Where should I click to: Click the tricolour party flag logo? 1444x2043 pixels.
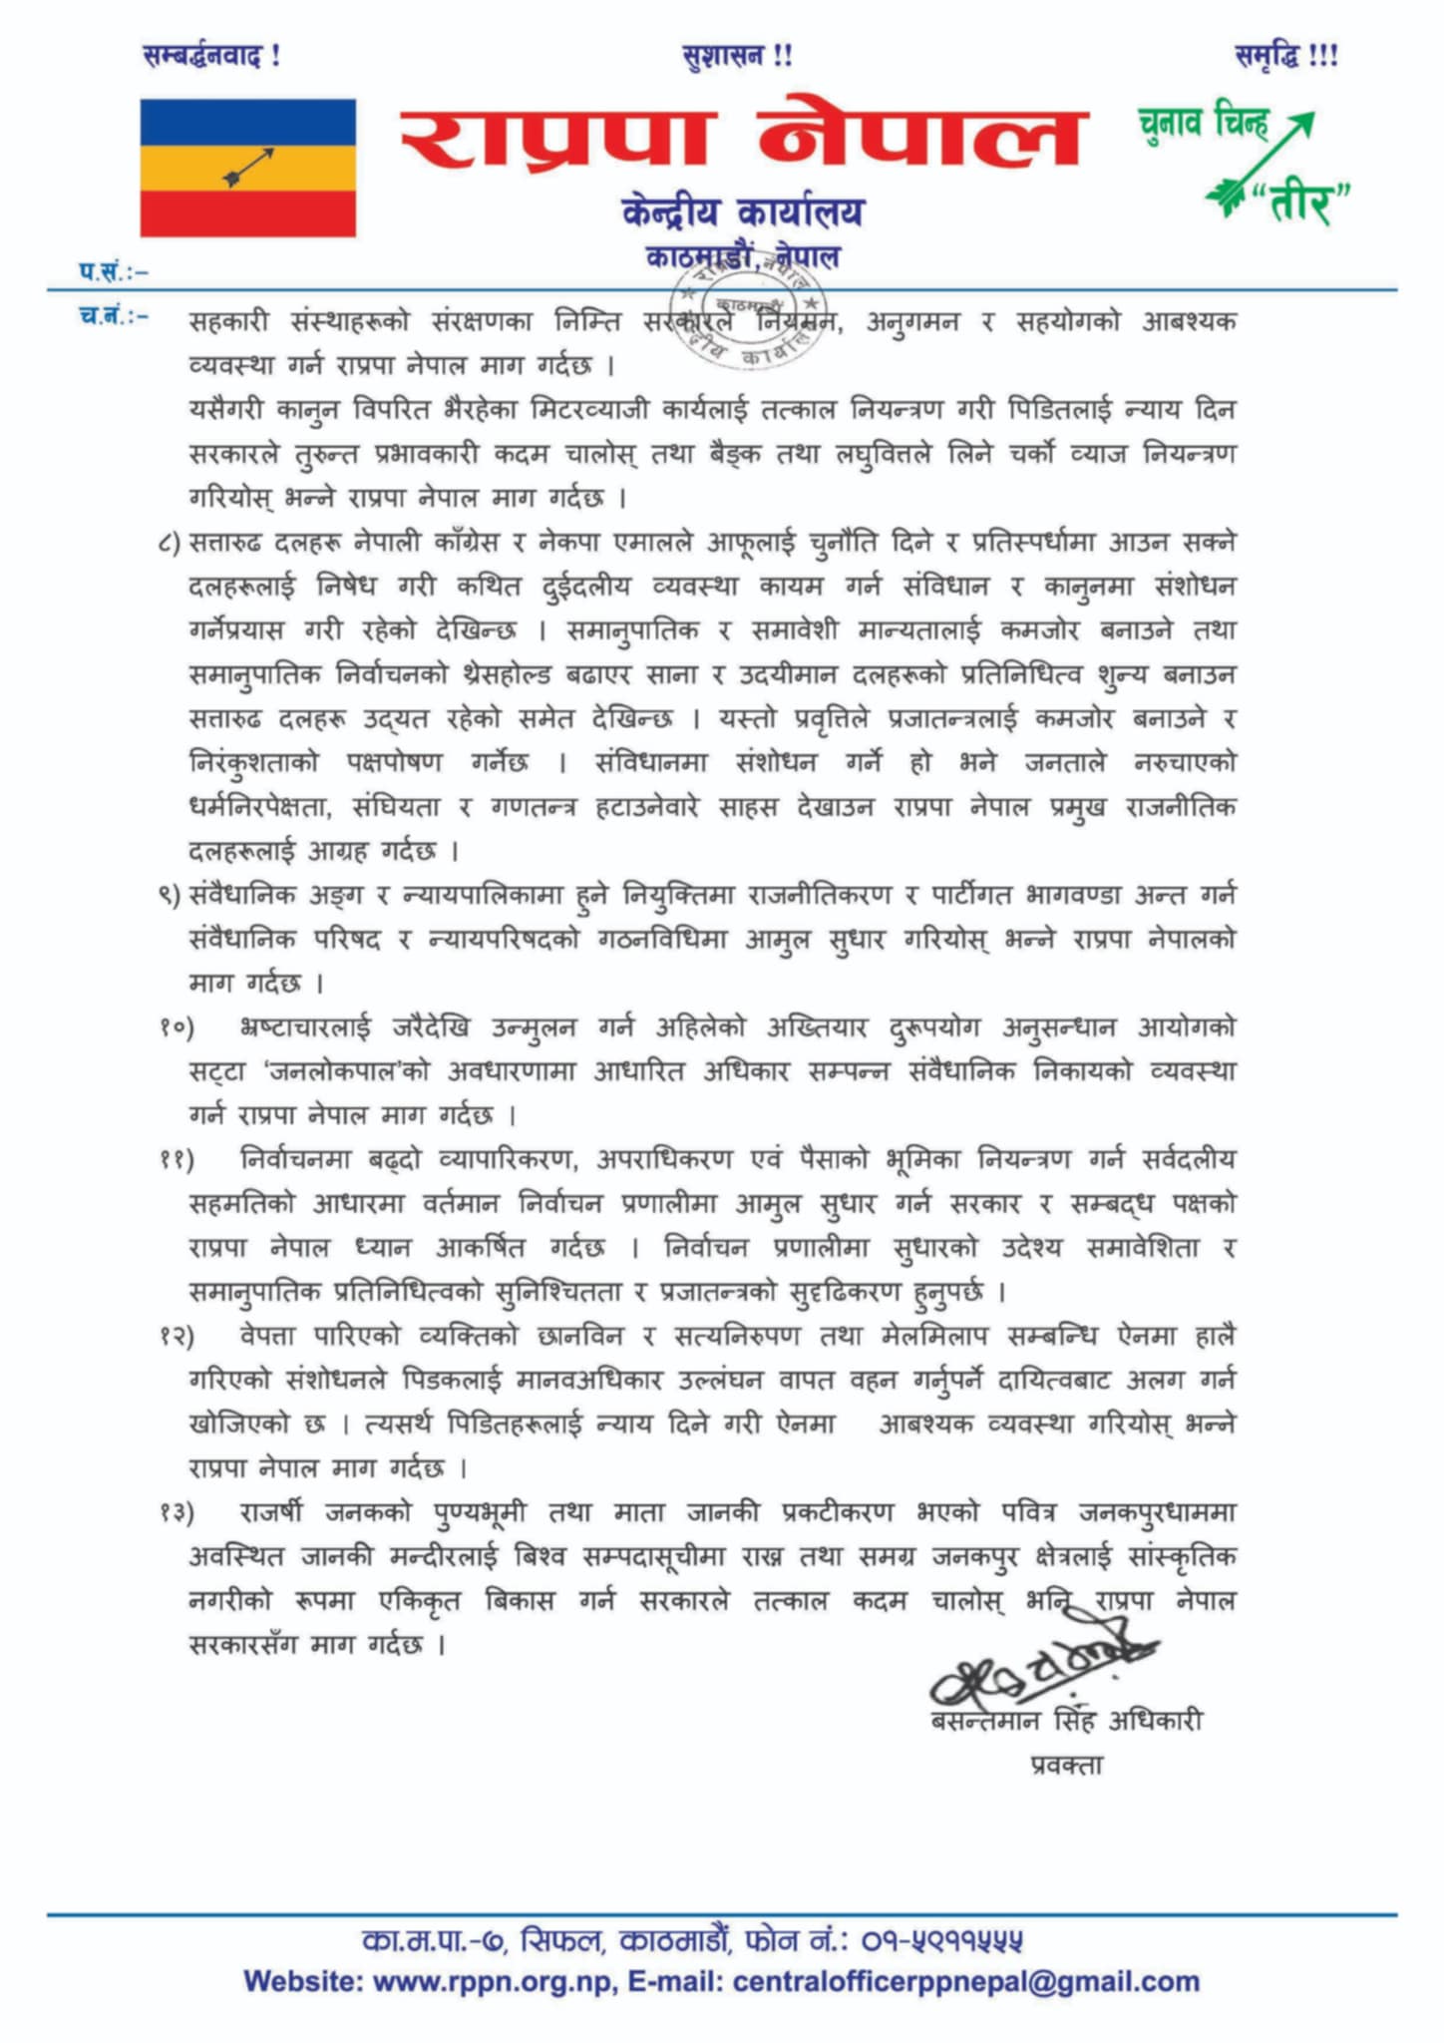(247, 168)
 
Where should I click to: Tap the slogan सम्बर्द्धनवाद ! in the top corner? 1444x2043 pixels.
(212, 57)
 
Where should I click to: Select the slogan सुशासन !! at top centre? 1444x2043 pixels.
(738, 57)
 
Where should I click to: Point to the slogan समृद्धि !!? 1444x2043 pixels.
(1286, 57)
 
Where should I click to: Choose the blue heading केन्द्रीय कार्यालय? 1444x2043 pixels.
(742, 212)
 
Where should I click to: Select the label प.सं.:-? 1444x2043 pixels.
(114, 270)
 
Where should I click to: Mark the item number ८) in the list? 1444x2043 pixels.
(169, 544)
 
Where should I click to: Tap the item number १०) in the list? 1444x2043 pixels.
(176, 1028)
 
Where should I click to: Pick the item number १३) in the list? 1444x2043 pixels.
(176, 1513)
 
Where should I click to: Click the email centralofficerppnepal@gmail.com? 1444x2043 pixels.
(965, 1981)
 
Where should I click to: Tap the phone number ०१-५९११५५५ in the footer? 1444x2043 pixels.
(941, 1940)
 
